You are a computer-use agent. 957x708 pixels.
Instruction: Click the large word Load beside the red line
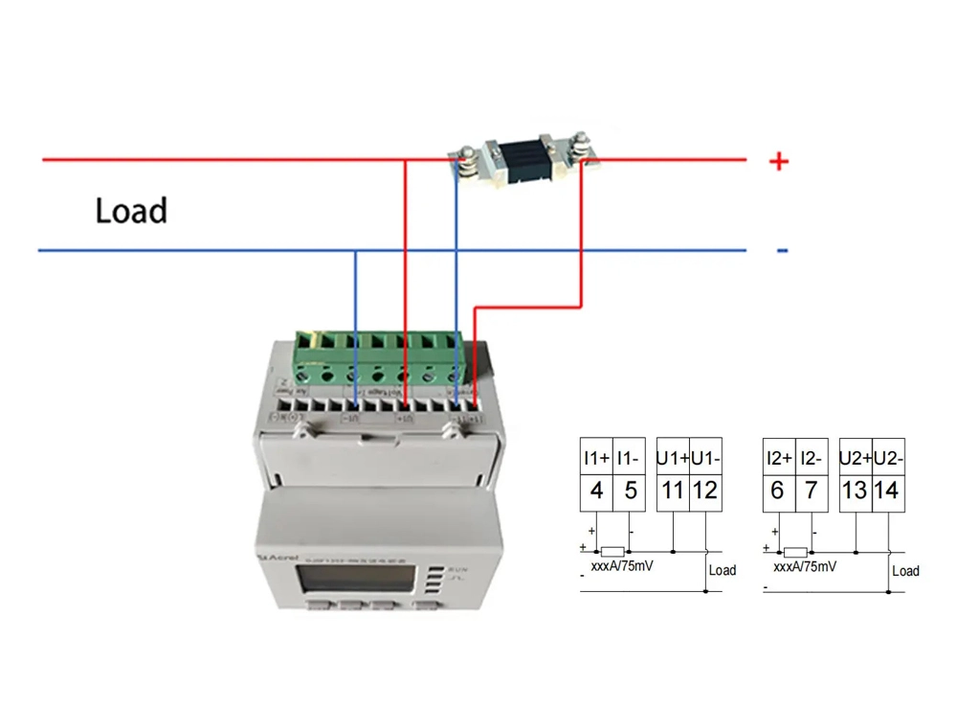(131, 210)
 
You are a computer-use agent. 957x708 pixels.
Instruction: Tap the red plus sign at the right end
(779, 161)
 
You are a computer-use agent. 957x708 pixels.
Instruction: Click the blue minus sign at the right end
(782, 251)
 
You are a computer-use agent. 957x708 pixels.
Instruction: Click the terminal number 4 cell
(596, 491)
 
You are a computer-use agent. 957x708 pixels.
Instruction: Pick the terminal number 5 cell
(629, 491)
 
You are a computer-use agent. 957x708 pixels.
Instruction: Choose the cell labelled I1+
(596, 457)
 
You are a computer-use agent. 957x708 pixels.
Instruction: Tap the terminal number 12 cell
(705, 491)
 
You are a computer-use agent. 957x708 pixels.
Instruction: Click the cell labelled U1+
(673, 457)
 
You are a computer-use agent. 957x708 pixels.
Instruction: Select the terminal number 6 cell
(777, 491)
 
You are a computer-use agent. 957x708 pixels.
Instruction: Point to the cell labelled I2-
(810, 457)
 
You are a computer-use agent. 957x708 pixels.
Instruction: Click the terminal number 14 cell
(886, 491)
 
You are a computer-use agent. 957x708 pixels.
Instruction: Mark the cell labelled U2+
(854, 457)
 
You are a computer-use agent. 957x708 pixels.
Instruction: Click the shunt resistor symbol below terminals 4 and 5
(612, 552)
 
